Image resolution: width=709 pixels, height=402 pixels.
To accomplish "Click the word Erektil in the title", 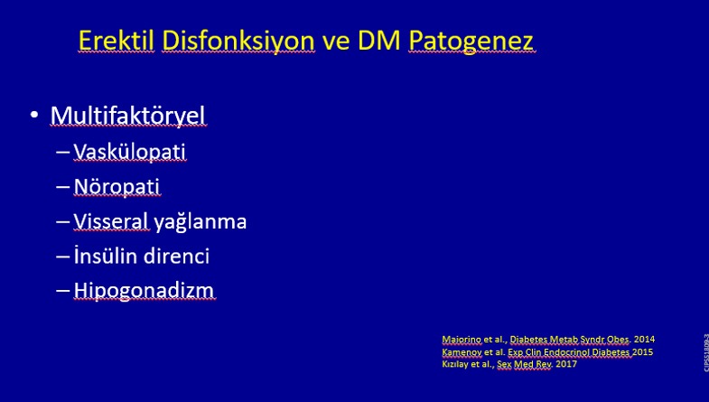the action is (x=117, y=41).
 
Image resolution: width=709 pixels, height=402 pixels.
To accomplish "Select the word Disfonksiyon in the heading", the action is (x=238, y=42).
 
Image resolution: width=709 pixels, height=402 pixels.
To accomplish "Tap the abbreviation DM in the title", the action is (x=379, y=41).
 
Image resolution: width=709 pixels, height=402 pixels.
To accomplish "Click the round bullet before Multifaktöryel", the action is (x=34, y=116).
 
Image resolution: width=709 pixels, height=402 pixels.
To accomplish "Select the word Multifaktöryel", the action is (x=128, y=116).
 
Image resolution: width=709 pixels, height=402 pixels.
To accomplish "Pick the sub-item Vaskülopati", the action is (x=130, y=152).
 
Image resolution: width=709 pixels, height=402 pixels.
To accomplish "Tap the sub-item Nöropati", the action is (x=117, y=186).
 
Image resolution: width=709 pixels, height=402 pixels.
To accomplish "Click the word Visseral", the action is (x=111, y=221).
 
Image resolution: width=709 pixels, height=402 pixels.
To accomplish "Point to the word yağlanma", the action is (x=201, y=222).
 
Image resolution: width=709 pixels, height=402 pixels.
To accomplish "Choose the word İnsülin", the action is (x=106, y=256).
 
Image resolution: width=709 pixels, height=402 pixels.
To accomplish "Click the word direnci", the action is (x=176, y=256).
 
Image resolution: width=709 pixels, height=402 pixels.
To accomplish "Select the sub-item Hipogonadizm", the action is (x=145, y=291).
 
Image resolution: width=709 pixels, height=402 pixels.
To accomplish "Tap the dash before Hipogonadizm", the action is (x=63, y=290).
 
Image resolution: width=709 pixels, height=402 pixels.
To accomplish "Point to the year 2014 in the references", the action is (x=644, y=339).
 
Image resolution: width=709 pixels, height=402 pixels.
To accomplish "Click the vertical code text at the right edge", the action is (x=705, y=352).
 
